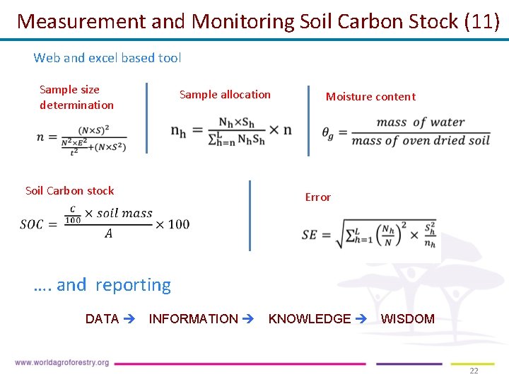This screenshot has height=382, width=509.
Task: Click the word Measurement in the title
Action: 81,21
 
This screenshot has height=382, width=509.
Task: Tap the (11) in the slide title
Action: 481,21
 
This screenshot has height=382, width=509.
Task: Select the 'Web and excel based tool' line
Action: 107,58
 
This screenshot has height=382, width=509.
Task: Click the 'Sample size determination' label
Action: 76,98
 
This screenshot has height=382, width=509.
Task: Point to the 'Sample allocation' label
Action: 225,95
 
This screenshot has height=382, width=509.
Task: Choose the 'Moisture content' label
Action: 370,97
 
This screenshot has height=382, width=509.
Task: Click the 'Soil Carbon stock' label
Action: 69,190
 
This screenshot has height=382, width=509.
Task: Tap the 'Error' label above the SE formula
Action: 317,197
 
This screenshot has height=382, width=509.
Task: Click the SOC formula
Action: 105,222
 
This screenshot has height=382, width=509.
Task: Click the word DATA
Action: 102,319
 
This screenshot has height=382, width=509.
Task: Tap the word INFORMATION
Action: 193,319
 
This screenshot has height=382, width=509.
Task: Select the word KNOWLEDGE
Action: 309,319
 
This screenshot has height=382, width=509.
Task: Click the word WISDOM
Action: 407,319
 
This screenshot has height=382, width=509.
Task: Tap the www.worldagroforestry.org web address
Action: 62,363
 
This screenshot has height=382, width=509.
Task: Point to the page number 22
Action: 474,371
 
